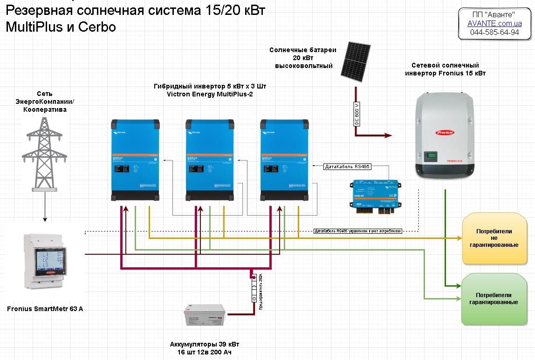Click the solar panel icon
point(355,60)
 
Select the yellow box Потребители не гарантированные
point(494,238)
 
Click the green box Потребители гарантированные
point(494,299)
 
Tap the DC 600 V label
point(357,113)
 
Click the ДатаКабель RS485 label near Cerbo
point(348,166)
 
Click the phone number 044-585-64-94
point(494,33)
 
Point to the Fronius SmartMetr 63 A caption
point(45,309)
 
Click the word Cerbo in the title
point(97,27)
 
